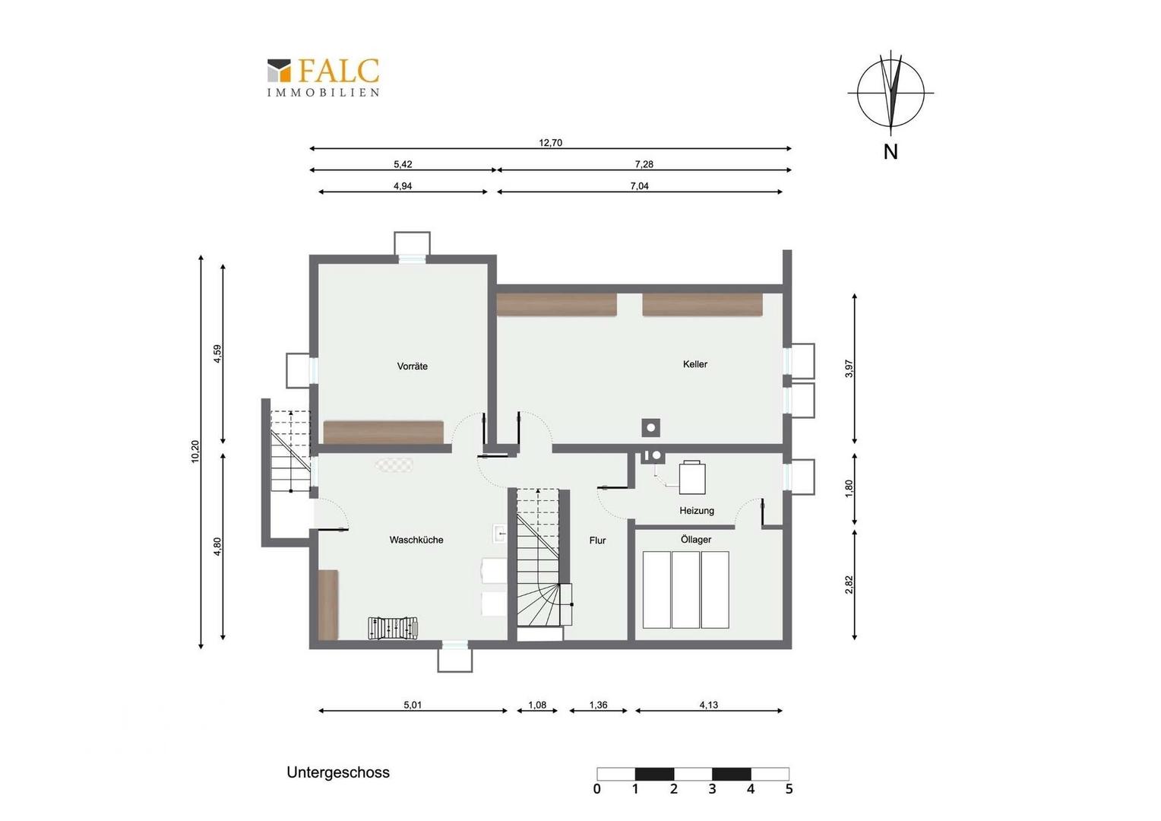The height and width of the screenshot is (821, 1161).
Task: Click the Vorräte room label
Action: click(412, 366)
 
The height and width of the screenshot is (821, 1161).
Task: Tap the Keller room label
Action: click(694, 364)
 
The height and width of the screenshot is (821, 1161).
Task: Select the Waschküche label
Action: click(416, 540)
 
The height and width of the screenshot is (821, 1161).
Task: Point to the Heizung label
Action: click(697, 510)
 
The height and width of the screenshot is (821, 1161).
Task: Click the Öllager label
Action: click(695, 540)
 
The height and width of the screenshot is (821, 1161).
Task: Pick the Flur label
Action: click(597, 540)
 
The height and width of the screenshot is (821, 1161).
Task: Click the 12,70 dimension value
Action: click(550, 143)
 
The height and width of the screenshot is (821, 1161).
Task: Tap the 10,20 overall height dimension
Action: click(195, 452)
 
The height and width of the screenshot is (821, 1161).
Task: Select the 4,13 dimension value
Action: click(708, 705)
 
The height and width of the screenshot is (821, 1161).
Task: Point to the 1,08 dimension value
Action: click(537, 705)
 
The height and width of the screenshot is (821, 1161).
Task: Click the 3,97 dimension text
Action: click(849, 368)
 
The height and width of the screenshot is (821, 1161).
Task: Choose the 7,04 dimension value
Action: click(639, 185)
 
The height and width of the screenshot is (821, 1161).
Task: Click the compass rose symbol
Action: click(891, 94)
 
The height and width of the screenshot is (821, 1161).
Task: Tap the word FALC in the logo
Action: click(339, 71)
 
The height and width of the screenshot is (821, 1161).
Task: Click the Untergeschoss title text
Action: click(338, 772)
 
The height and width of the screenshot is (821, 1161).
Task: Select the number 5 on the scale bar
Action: click(789, 789)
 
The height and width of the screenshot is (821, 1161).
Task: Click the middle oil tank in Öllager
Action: click(685, 590)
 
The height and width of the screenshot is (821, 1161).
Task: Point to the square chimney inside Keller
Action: click(651, 428)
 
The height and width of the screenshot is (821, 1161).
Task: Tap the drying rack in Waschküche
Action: click(393, 629)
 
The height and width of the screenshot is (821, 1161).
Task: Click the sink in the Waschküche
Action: click(500, 533)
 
